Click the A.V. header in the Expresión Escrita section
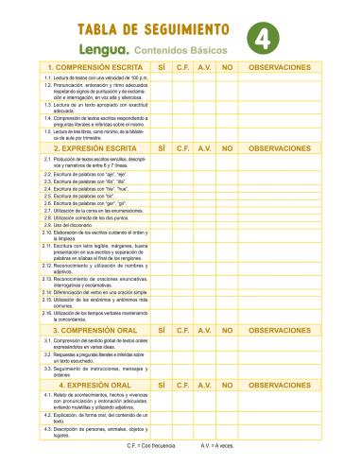(x=204, y=148)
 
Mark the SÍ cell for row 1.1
(x=162, y=78)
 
